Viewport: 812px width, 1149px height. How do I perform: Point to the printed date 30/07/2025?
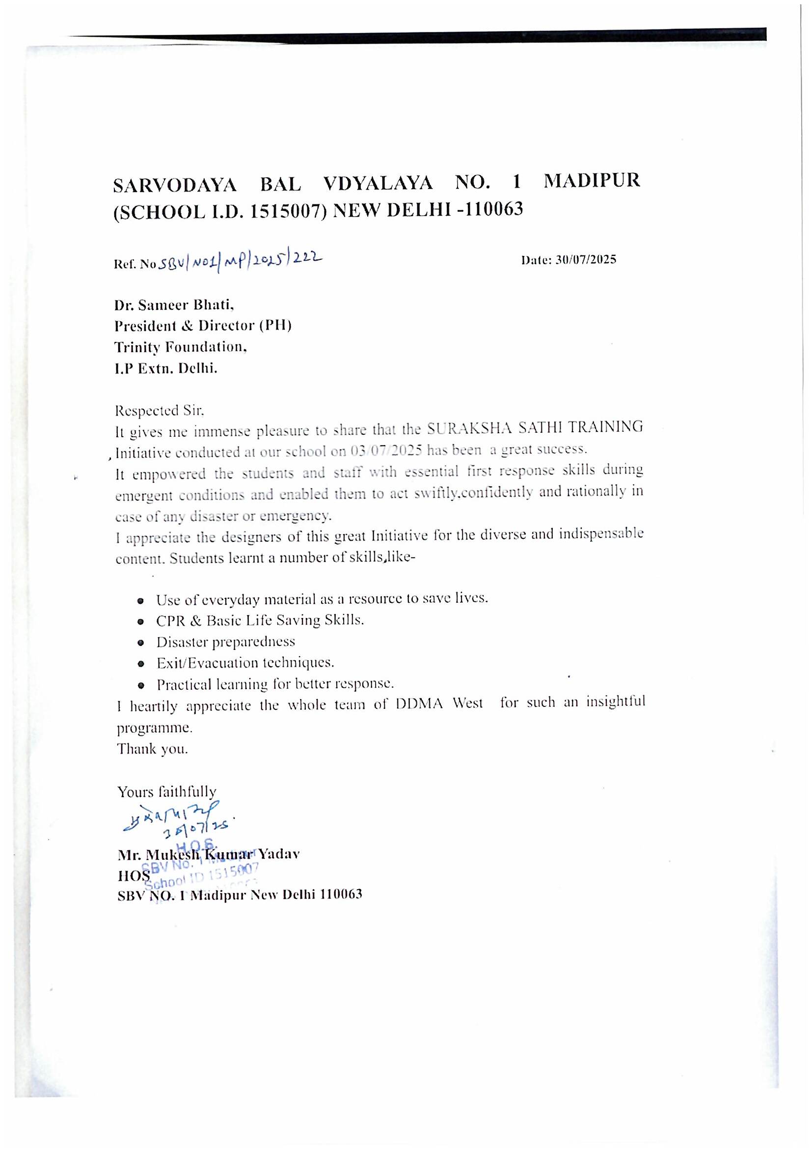pos(586,260)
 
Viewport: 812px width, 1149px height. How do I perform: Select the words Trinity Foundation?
pos(181,347)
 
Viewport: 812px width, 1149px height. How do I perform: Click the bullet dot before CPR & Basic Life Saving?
pos(142,621)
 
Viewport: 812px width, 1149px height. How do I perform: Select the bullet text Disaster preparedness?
pos(225,642)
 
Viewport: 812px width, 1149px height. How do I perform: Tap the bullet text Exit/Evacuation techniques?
pos(245,663)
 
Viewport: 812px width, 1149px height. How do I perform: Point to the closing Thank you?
pos(153,749)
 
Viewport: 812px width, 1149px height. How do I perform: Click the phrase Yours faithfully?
pos(167,792)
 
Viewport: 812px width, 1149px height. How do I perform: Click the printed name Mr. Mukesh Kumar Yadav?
pos(209,854)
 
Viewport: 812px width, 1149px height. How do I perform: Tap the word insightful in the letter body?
pos(616,702)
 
